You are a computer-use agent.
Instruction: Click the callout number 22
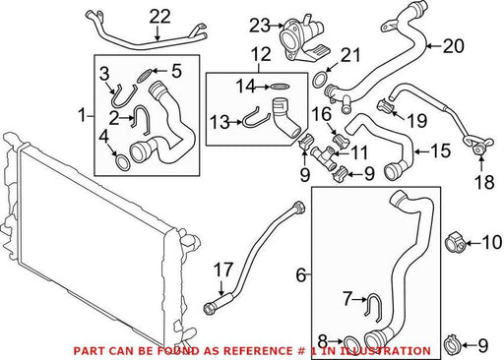160,17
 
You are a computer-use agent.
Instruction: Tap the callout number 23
260,26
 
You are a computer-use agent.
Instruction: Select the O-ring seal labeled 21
320,81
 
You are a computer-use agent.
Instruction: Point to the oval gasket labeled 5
144,76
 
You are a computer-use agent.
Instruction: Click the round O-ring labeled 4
123,162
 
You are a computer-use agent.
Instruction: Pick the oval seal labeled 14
280,87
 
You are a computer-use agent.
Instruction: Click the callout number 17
223,270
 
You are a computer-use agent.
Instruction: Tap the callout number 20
454,46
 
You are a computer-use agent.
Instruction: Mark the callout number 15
441,151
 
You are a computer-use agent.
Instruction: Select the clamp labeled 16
341,140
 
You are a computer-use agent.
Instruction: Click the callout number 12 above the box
262,54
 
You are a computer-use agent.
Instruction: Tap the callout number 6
301,274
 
